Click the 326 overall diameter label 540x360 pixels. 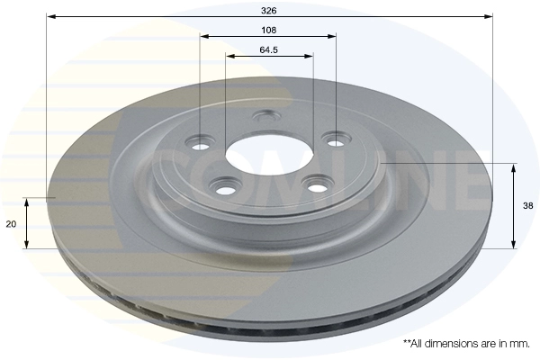coord(268,11)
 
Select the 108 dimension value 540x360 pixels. coord(268,31)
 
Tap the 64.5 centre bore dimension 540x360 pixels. coord(268,50)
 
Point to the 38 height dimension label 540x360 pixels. coord(528,206)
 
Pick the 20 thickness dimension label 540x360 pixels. coord(11,224)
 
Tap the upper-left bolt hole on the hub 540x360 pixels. coord(200,147)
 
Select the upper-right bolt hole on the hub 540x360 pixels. coord(335,142)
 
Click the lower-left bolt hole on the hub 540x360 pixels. coord(225,191)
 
